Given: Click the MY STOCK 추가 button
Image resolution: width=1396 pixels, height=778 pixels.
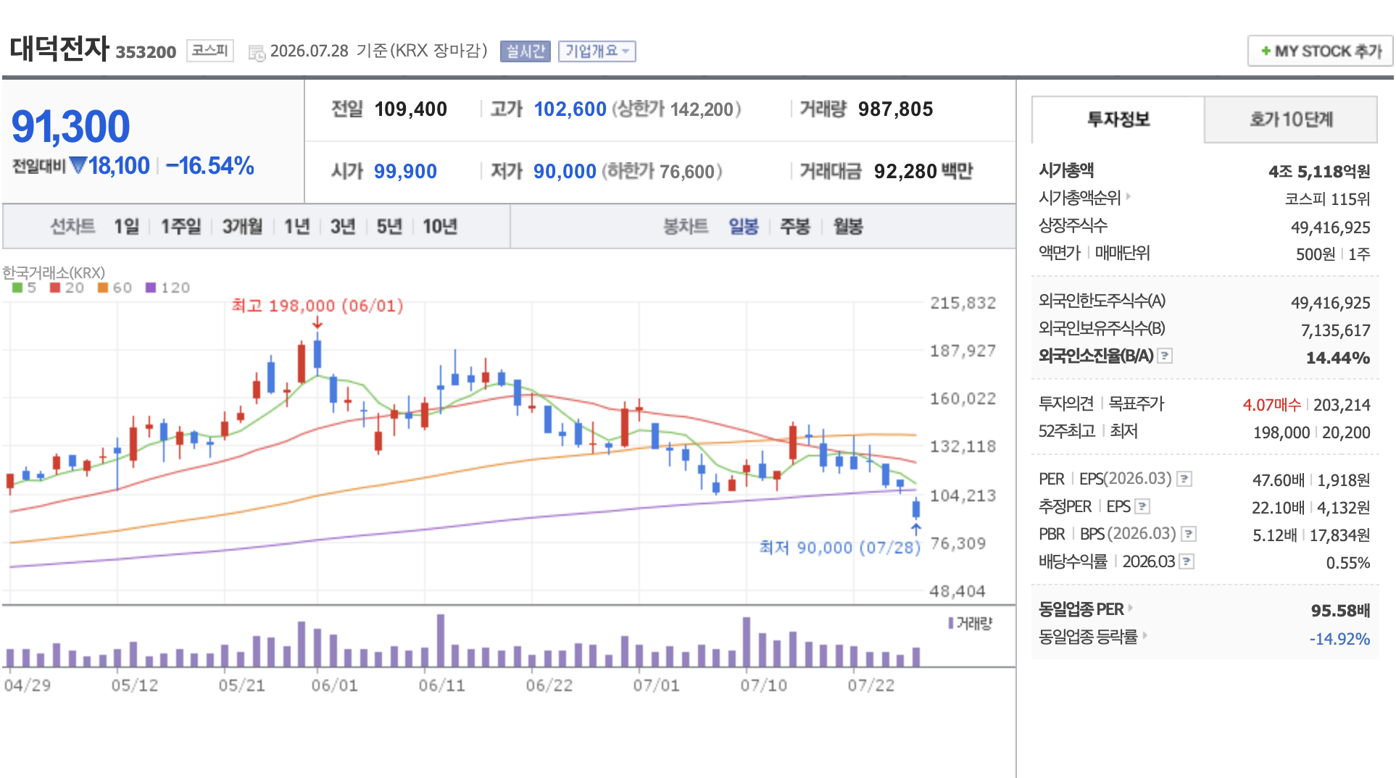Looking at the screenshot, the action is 1320,51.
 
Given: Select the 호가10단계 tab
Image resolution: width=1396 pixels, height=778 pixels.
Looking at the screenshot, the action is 1291,120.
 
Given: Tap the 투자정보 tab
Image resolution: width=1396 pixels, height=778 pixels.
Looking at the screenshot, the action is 1118,120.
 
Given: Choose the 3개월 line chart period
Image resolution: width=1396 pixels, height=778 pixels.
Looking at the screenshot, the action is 242,227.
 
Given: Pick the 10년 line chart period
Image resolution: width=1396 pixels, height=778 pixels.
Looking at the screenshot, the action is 440,227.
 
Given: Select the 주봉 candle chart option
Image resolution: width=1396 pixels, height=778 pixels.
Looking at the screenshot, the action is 795,227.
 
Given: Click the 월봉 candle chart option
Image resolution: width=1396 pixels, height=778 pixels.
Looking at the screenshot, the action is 848,227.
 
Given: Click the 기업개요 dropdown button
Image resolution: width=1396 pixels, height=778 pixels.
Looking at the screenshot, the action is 597,51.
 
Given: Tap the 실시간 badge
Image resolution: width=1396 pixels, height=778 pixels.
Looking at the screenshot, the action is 525,51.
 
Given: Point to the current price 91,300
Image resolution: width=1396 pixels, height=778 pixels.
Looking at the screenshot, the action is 70,127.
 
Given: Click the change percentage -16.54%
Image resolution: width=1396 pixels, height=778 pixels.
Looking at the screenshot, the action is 210,166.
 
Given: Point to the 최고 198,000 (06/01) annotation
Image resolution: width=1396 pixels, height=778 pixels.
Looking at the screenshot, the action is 317,306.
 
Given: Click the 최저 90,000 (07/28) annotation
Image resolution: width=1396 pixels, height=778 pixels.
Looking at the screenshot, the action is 839,548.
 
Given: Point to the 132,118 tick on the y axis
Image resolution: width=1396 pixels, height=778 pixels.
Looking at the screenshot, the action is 963,446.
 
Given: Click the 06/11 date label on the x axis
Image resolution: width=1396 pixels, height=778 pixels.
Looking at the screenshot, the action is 442,685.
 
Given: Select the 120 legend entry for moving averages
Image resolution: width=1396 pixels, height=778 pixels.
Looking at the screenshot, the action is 168,288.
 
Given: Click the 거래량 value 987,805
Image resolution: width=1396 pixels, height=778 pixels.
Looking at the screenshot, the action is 895,109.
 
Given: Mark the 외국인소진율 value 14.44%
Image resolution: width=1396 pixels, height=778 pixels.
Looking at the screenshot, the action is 1337,358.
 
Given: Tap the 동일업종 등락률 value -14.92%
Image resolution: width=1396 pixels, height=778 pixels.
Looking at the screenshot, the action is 1339,639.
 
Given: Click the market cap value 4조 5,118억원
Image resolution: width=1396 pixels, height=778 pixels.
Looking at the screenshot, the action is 1319,172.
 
